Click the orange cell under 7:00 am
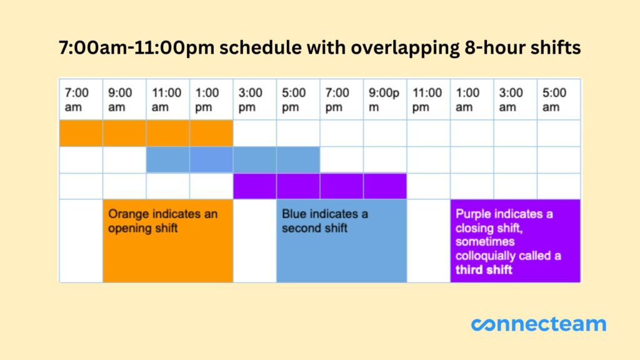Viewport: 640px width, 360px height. (81, 133)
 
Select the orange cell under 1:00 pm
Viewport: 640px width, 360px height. (211, 133)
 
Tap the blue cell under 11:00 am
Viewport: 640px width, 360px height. (167, 160)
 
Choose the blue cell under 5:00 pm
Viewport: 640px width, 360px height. (298, 160)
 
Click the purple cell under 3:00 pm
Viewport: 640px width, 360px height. (254, 186)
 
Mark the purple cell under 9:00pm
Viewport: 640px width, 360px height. (385, 186)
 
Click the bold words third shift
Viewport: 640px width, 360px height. (484, 270)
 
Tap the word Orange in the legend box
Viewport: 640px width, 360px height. (128, 214)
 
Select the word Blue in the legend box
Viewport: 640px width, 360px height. (293, 214)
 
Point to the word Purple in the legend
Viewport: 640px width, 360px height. (473, 214)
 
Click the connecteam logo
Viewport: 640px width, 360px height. (538, 324)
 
